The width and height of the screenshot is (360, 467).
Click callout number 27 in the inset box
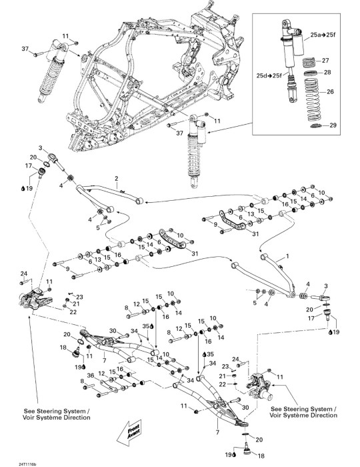coord(325,61)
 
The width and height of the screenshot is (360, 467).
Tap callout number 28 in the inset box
coord(327,72)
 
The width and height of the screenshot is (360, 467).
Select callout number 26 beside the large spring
coord(330,91)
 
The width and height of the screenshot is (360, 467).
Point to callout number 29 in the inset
coord(333,125)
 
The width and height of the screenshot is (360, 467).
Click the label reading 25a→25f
coord(323,35)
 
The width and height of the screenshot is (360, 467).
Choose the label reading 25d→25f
coord(269,75)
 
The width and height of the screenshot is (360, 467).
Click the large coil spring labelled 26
coord(311,100)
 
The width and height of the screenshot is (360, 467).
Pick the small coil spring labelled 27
coord(310,63)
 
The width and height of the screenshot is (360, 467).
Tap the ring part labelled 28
coord(311,73)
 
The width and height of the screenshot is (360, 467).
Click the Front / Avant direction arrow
coord(129,432)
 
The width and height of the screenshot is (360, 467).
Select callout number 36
coord(91,376)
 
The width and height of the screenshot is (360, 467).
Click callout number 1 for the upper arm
coord(287,256)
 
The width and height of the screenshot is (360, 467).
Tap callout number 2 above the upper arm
coord(117,179)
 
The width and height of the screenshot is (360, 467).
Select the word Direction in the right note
coord(323,415)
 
